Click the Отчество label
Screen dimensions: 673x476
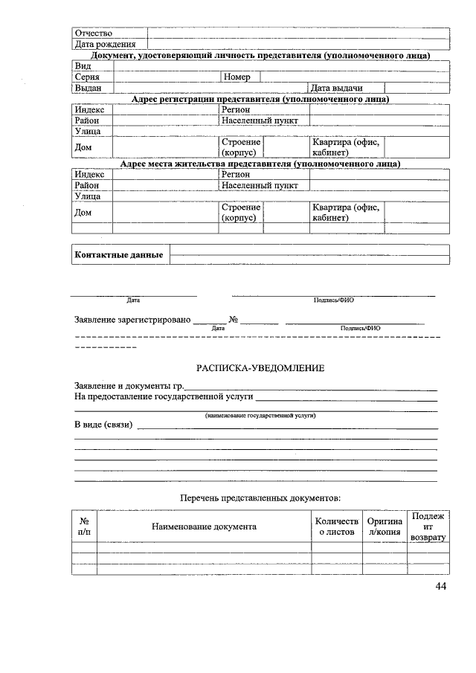click(93, 33)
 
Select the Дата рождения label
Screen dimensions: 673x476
click(104, 45)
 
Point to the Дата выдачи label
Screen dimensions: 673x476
click(336, 88)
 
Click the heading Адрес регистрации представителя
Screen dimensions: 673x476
click(260, 99)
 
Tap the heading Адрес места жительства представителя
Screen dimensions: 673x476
click(260, 164)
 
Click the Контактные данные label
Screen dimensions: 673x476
click(119, 255)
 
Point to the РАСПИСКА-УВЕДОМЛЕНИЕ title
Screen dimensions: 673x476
click(260, 368)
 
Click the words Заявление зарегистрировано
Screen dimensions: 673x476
click(132, 321)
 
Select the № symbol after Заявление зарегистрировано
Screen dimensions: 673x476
click(234, 321)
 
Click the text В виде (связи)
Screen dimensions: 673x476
click(103, 425)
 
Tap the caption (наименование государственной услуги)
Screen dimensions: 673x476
click(260, 415)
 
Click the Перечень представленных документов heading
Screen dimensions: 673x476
click(260, 497)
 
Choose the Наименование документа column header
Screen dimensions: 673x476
click(204, 527)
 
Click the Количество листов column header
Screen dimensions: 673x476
click(336, 527)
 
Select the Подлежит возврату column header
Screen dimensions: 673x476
click(428, 527)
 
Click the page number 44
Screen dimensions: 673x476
click(441, 587)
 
